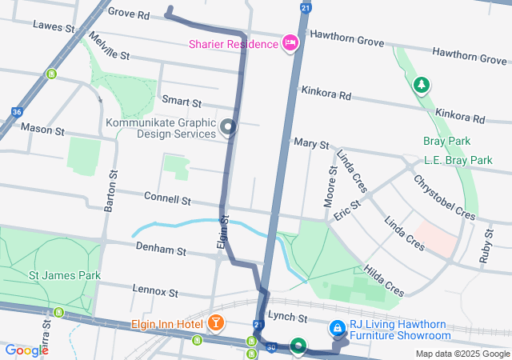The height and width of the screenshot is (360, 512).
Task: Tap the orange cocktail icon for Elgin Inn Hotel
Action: pos(215,323)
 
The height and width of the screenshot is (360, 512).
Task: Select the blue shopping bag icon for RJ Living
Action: pos(338,328)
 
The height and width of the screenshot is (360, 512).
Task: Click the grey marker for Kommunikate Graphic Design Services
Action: pos(229,127)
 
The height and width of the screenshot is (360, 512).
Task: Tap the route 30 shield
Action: pos(271,347)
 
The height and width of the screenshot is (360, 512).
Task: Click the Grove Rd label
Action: pos(128,14)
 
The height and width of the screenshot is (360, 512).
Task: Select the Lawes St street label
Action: pos(54,26)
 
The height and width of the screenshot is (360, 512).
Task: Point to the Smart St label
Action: pos(181,102)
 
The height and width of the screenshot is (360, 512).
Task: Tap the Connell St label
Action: pos(167,198)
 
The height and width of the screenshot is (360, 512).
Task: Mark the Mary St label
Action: pos(311,143)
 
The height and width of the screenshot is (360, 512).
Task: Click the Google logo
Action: pos(26,350)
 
